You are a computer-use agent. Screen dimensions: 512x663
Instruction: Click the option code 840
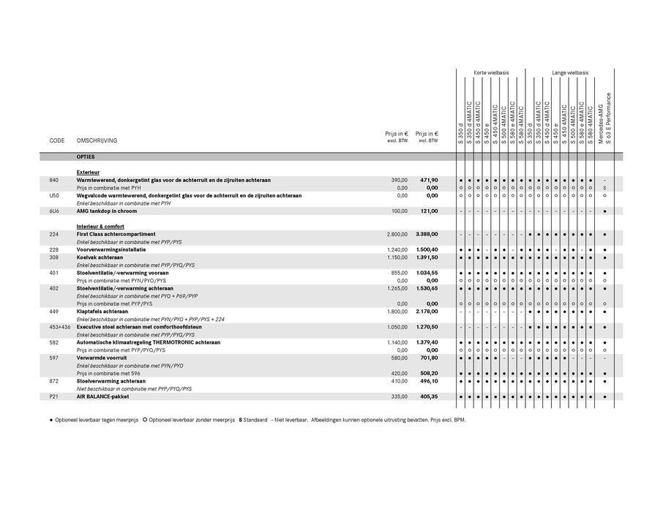coord(53,180)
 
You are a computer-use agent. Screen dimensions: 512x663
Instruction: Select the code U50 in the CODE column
coord(54,195)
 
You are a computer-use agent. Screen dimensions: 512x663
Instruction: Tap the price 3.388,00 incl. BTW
coord(426,234)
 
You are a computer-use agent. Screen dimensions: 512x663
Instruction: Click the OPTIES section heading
coord(86,157)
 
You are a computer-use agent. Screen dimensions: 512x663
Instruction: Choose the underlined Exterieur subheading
coord(88,172)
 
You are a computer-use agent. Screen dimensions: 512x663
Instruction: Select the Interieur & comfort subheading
coord(100,227)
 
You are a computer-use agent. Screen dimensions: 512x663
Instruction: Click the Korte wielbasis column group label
coord(490,73)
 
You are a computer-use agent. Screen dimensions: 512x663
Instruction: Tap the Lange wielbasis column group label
coord(570,73)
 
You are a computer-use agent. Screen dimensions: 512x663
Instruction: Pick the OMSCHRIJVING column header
coord(97,140)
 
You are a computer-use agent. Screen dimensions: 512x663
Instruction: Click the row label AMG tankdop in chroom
coord(106,211)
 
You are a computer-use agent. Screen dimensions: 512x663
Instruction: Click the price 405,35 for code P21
coord(427,396)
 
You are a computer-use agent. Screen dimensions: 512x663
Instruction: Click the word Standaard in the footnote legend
coord(256,421)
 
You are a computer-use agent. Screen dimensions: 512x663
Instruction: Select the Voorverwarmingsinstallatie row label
coord(111,249)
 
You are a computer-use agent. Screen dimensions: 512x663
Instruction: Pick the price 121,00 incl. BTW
coord(428,211)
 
